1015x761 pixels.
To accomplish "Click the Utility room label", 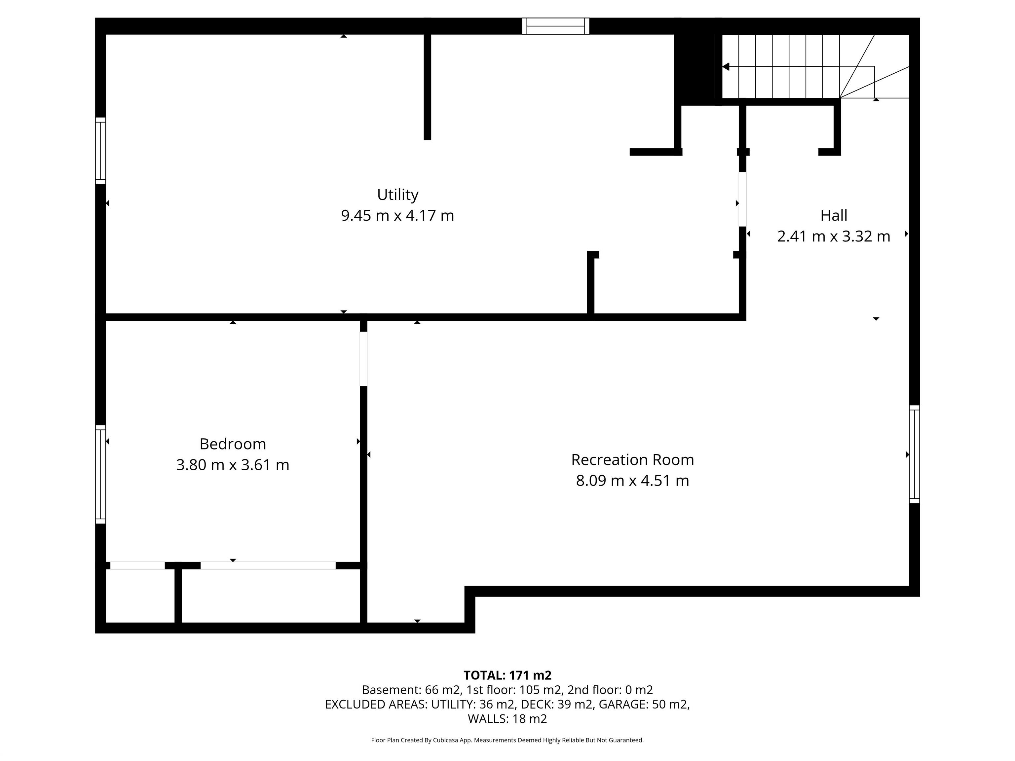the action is coord(397,195).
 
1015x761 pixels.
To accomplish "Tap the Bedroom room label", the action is coord(233,444).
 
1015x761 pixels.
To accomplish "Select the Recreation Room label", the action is coord(632,460).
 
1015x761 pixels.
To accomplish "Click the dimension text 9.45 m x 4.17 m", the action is coord(397,216).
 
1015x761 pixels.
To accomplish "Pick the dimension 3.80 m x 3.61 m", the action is coord(233,465).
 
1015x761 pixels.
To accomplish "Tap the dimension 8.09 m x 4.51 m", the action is coord(632,481).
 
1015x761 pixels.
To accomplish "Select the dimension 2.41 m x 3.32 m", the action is coord(834,236).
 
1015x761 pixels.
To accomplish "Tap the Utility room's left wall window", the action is coord(100,151).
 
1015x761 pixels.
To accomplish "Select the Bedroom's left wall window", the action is coord(100,474).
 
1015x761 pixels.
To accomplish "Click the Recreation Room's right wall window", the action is coord(915,454).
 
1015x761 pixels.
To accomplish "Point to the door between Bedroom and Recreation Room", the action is coord(363,359).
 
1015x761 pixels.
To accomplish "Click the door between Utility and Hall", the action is coord(742,199).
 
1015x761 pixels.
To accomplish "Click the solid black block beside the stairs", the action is coord(695,66).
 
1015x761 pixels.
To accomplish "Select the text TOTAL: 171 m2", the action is coord(507,675).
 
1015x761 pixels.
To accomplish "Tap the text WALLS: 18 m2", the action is coord(507,719).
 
